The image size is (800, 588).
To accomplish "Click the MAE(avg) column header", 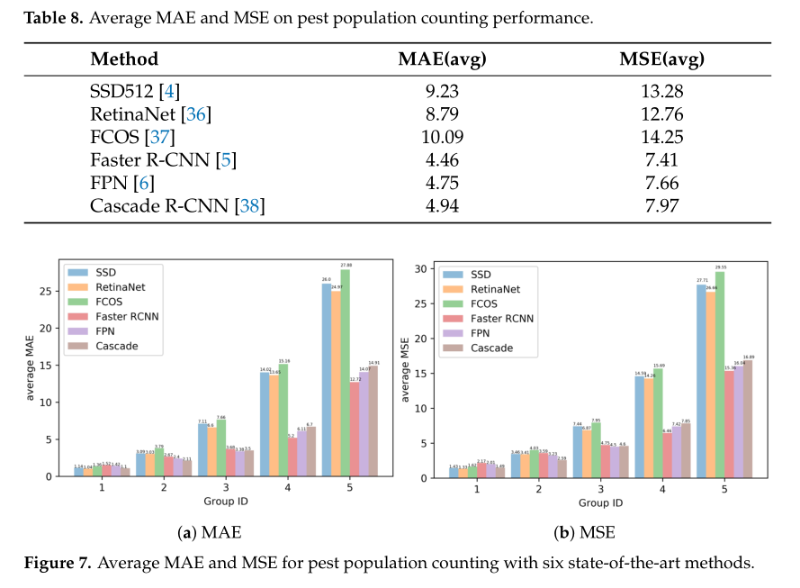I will pyautogui.click(x=442, y=60).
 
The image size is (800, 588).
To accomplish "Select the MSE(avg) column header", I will pyautogui.click(x=661, y=60).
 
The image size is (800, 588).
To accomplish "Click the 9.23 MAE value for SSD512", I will pyautogui.click(x=442, y=91).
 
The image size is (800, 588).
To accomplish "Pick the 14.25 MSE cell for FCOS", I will pyautogui.click(x=661, y=138).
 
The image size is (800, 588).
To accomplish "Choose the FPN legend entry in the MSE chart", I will pyautogui.click(x=493, y=333).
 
